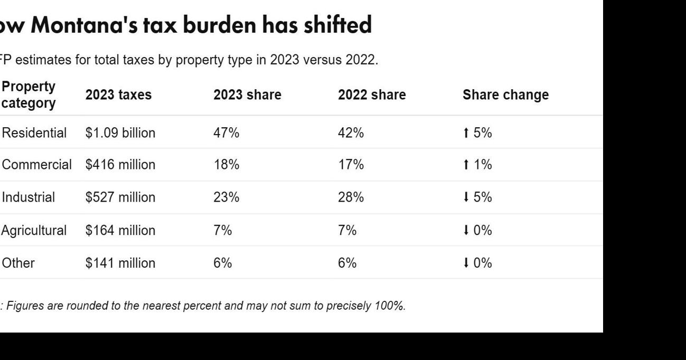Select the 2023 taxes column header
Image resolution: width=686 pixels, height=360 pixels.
click(x=118, y=95)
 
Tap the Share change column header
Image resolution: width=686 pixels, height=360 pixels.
click(x=505, y=95)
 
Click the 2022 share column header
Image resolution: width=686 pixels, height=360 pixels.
click(x=372, y=95)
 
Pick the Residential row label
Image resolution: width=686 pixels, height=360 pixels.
click(x=34, y=133)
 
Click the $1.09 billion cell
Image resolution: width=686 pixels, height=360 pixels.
click(x=120, y=133)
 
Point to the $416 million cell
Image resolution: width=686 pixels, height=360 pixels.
click(x=120, y=165)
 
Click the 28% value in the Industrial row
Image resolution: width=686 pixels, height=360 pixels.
click(x=351, y=198)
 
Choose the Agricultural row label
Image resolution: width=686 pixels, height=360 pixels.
click(x=34, y=231)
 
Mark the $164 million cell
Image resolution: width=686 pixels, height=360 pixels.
click(x=120, y=231)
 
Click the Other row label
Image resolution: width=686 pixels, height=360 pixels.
click(x=18, y=263)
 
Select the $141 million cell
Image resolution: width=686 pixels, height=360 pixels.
click(x=120, y=263)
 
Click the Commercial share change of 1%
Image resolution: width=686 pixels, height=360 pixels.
click(x=482, y=165)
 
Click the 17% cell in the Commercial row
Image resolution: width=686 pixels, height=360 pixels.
click(x=351, y=165)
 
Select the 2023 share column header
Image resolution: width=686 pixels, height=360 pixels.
click(x=247, y=95)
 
